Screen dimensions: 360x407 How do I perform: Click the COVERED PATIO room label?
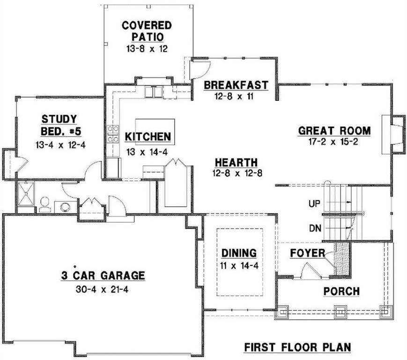[147, 30]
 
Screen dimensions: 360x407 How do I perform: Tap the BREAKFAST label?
[236, 85]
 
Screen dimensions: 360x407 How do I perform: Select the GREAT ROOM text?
[334, 131]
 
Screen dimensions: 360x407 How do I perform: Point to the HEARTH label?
[236, 162]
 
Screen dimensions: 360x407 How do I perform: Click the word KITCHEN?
[148, 137]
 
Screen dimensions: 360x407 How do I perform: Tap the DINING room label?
[239, 253]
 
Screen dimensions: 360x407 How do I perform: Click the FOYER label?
[307, 253]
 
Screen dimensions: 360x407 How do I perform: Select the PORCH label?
[341, 291]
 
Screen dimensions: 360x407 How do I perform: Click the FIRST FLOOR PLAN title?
[297, 347]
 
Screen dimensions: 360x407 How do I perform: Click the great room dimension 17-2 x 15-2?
[334, 142]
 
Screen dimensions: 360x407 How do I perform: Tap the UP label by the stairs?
[314, 204]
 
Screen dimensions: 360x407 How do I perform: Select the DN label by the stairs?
[314, 228]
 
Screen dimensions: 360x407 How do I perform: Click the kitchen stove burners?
[113, 134]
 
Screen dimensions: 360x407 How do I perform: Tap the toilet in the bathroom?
[45, 204]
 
